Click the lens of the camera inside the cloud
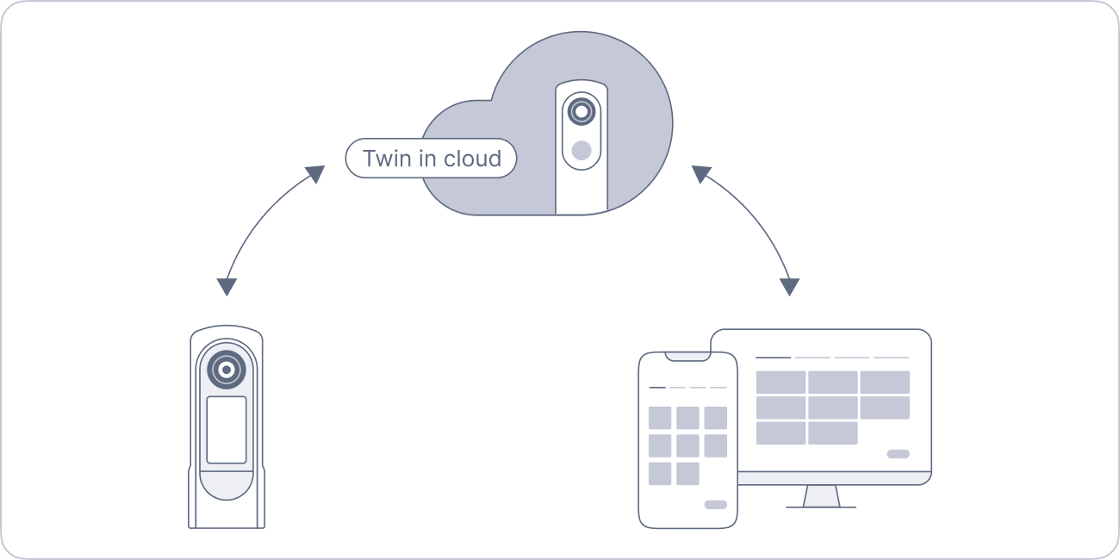(582, 111)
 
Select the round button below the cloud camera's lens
(582, 150)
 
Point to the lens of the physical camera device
(226, 370)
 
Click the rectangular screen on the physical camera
(227, 430)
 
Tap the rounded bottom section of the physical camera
(227, 496)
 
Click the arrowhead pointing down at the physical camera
(227, 287)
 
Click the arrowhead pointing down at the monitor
(789, 287)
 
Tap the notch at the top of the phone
(688, 356)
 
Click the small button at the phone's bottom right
(715, 505)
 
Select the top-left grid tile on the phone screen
(660, 418)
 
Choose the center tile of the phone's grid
(688, 445)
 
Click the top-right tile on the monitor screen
(885, 382)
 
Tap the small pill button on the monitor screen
(898, 454)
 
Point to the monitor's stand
(821, 496)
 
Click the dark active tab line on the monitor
(773, 357)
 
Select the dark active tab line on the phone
(657, 388)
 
